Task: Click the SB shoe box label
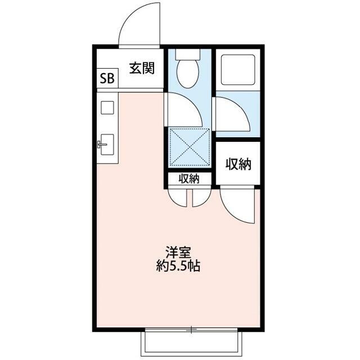click(x=107, y=79)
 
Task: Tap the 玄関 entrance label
click(x=142, y=68)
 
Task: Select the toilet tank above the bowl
click(x=187, y=55)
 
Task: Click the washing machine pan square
click(x=238, y=70)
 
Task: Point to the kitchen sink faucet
click(x=102, y=145)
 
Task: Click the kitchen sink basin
click(x=107, y=145)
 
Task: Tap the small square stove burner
click(x=107, y=107)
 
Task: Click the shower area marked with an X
click(x=190, y=147)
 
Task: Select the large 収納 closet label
click(x=238, y=164)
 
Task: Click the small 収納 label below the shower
click(x=189, y=179)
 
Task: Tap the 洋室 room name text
click(x=178, y=253)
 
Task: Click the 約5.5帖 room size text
click(x=178, y=266)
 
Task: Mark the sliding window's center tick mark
click(x=191, y=330)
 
